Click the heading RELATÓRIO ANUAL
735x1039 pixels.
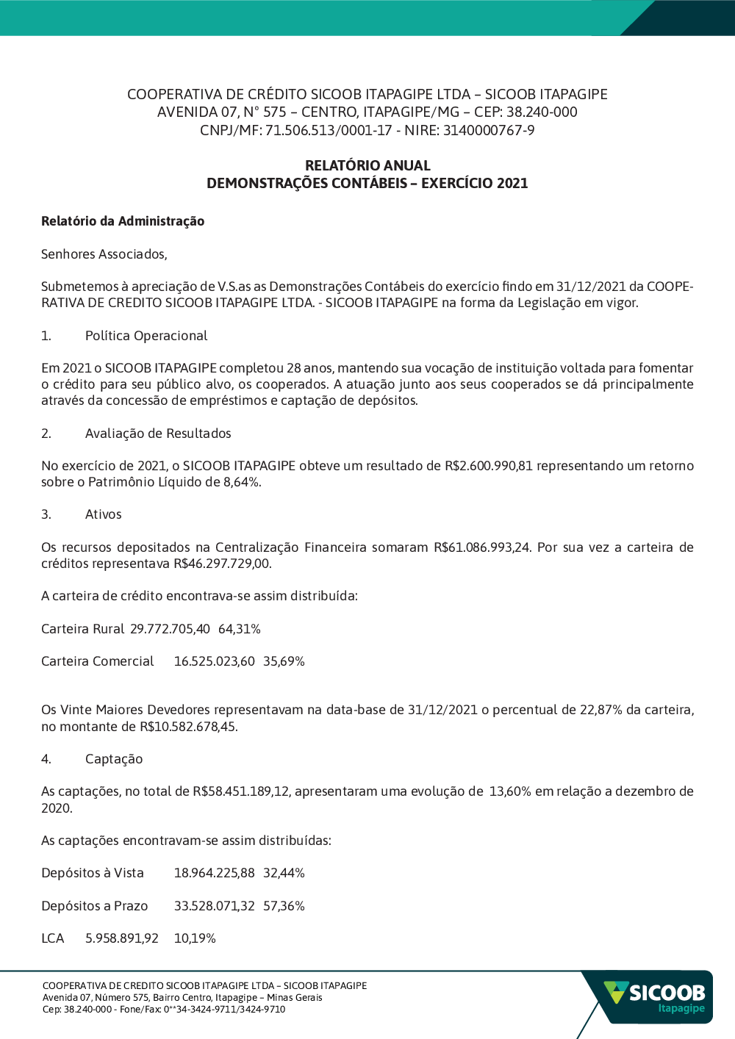pos(367,165)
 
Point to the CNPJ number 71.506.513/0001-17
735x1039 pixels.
pos(329,131)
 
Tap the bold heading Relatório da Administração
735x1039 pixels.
pos(123,221)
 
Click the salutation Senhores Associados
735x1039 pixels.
pos(104,254)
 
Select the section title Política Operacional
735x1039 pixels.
pos(146,336)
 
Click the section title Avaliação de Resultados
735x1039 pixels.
pos(158,434)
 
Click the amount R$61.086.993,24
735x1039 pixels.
pos(481,547)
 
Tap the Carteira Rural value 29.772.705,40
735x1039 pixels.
pos(170,629)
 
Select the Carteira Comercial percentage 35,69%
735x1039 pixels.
pos(284,661)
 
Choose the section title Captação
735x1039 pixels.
pos(114,759)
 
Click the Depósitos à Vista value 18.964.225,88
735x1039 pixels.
pos(214,873)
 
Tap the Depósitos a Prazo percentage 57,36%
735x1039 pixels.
pos(284,906)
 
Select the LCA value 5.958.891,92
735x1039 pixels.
pos(122,938)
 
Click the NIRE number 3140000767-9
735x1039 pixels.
pos(489,131)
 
